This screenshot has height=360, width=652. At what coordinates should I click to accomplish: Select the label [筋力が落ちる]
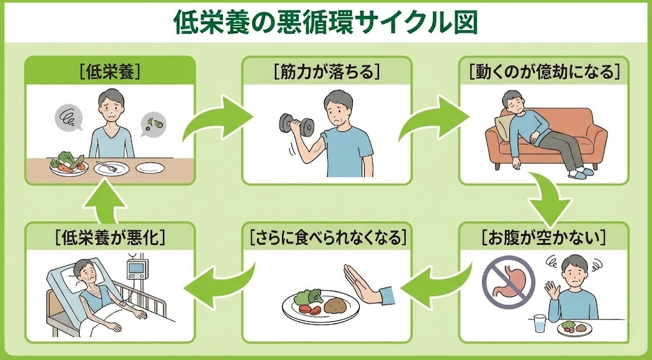click(x=327, y=72)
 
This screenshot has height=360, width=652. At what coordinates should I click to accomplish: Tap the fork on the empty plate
click(x=110, y=168)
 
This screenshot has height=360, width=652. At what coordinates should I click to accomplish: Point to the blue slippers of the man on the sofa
click(x=580, y=173)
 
